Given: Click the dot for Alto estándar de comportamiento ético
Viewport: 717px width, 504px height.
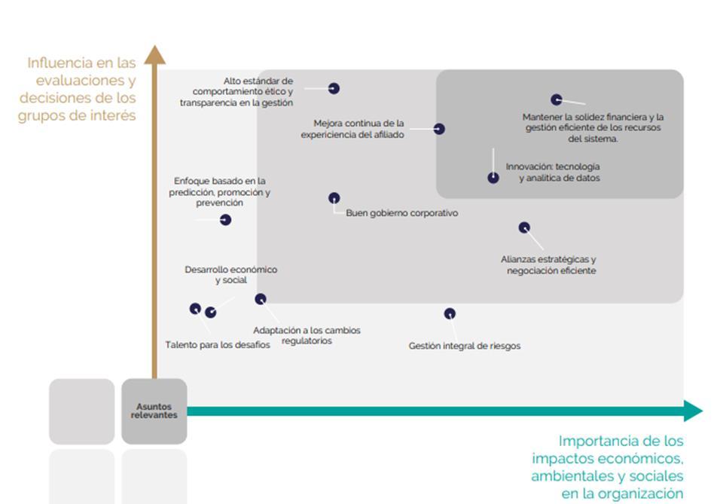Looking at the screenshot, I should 334,89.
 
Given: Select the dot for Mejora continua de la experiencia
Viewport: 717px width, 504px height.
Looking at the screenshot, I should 439,130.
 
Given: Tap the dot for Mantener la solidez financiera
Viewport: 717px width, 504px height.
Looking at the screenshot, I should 556,99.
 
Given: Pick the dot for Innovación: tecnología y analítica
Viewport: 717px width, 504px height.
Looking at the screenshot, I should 493,178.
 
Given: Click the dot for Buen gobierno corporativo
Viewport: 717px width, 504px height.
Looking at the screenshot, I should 334,198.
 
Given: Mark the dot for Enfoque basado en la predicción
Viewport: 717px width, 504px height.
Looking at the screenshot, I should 225,220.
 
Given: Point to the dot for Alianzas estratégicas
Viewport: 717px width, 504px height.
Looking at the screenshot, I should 524,228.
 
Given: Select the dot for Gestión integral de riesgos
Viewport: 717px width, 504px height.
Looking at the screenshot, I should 450,313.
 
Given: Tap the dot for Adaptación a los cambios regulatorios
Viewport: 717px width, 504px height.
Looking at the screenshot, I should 261,299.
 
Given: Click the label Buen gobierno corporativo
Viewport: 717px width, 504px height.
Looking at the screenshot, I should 401,213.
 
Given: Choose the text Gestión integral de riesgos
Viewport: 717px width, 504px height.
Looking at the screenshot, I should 464,347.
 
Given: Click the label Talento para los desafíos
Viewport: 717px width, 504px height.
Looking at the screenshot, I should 218,345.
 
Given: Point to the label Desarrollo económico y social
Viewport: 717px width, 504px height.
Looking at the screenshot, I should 230,275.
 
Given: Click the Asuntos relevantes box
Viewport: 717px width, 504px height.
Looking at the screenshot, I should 154,411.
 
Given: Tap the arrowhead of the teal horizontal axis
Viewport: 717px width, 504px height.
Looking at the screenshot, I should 693,411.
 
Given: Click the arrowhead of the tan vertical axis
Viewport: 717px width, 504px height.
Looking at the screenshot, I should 154,53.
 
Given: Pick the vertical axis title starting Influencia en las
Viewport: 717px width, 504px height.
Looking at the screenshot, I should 78,89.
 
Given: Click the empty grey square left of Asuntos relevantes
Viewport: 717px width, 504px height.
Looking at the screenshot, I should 82,411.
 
